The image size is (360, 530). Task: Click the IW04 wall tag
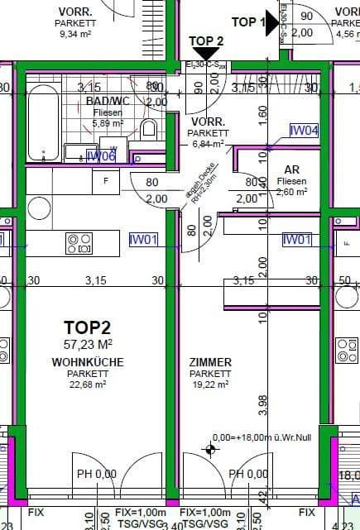click(304, 130)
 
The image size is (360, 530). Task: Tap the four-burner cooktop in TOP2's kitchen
click(79, 242)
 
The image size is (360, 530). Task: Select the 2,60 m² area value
click(292, 192)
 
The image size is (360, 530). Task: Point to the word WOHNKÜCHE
click(88, 362)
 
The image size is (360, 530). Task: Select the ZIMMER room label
click(209, 362)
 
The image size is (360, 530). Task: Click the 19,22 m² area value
click(209, 384)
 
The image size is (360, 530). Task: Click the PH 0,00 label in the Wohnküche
click(97, 474)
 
